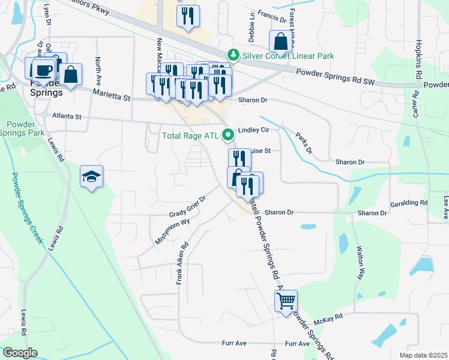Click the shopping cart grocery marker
pos(286,300)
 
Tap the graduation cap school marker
pos(92,176)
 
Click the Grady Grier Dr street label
pos(187,208)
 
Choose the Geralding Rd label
pos(411,203)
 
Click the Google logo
pos(20,353)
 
